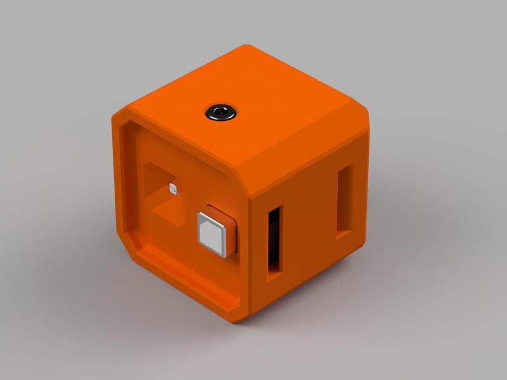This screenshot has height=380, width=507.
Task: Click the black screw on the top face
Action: tap(221, 113)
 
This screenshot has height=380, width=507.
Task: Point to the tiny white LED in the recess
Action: tap(172, 187)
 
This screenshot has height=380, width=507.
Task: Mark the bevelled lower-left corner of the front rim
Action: tap(136, 250)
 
